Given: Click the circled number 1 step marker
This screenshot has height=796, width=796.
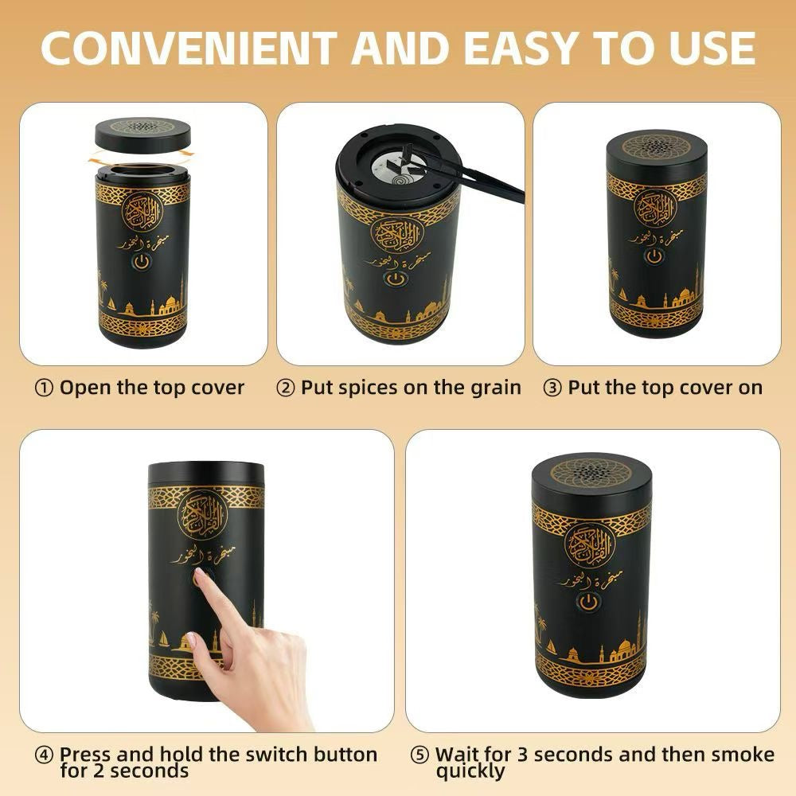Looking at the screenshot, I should point(45,388).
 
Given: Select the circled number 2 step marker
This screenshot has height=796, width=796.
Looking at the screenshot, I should point(286,388).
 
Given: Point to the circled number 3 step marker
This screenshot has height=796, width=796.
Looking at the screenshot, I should point(552,388).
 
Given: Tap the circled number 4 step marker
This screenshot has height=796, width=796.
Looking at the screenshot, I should point(45,755).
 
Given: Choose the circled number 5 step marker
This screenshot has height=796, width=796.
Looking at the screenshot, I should point(419,755).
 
